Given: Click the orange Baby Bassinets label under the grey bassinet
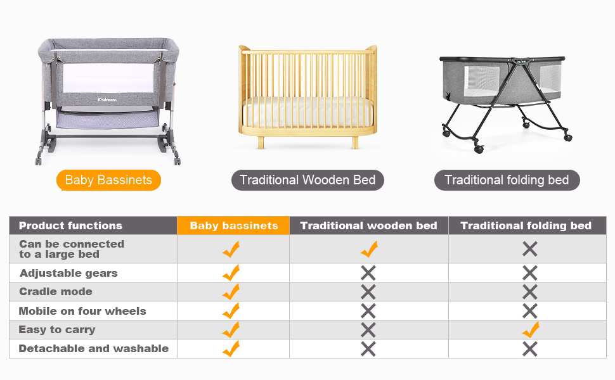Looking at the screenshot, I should coord(108,180).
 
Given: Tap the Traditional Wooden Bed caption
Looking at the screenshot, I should coord(307,180).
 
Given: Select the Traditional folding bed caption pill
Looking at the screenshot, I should coord(507,180).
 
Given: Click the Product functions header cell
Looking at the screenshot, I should coord(70,225).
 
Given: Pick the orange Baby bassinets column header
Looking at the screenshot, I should coord(233,225).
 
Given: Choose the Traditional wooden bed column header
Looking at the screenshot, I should coord(368,225).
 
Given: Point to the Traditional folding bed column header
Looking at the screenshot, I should coord(526,225).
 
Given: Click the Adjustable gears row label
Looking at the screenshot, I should coord(68,274).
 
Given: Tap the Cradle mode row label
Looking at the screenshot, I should coord(56,292).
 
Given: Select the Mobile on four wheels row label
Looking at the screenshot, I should coord(82,311).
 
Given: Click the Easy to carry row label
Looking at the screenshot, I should coord(57,329).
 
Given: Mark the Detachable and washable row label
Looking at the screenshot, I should coord(94,348).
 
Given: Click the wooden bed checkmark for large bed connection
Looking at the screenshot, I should coord(368,250).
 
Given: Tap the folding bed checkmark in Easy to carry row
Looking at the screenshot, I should coord(530,329).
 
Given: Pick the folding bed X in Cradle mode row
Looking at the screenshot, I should coord(530,292).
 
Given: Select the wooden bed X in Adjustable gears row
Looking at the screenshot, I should coord(368,274).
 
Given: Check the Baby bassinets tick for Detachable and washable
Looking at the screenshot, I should coord(231,348).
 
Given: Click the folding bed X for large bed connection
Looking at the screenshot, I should coord(530,250).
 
